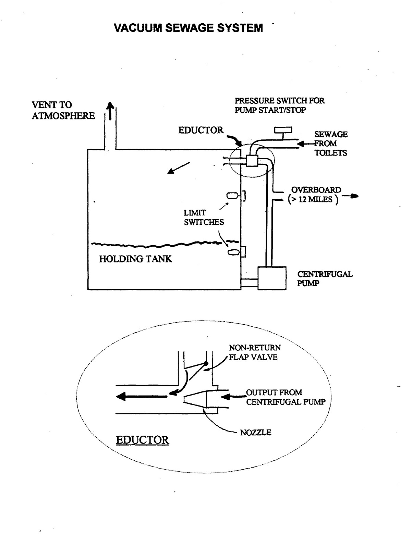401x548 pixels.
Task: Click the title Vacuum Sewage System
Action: point(189,28)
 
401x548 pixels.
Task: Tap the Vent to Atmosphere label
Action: point(63,110)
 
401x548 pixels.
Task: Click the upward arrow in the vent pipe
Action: point(110,111)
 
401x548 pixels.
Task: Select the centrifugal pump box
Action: point(272,278)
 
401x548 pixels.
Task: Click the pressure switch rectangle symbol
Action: point(283,130)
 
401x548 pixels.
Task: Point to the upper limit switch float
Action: point(232,196)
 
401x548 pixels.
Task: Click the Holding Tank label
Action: point(135,259)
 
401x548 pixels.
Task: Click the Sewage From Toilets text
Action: point(331,144)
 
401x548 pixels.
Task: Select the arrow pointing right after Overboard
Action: point(351,196)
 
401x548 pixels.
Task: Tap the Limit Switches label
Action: point(204,217)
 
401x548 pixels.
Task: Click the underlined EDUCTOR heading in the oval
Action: point(142,440)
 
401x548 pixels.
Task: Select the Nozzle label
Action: point(255,433)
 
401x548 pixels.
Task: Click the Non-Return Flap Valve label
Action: point(254,352)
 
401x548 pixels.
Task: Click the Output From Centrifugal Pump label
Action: point(285,397)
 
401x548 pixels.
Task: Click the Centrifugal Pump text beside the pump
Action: point(324,278)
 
